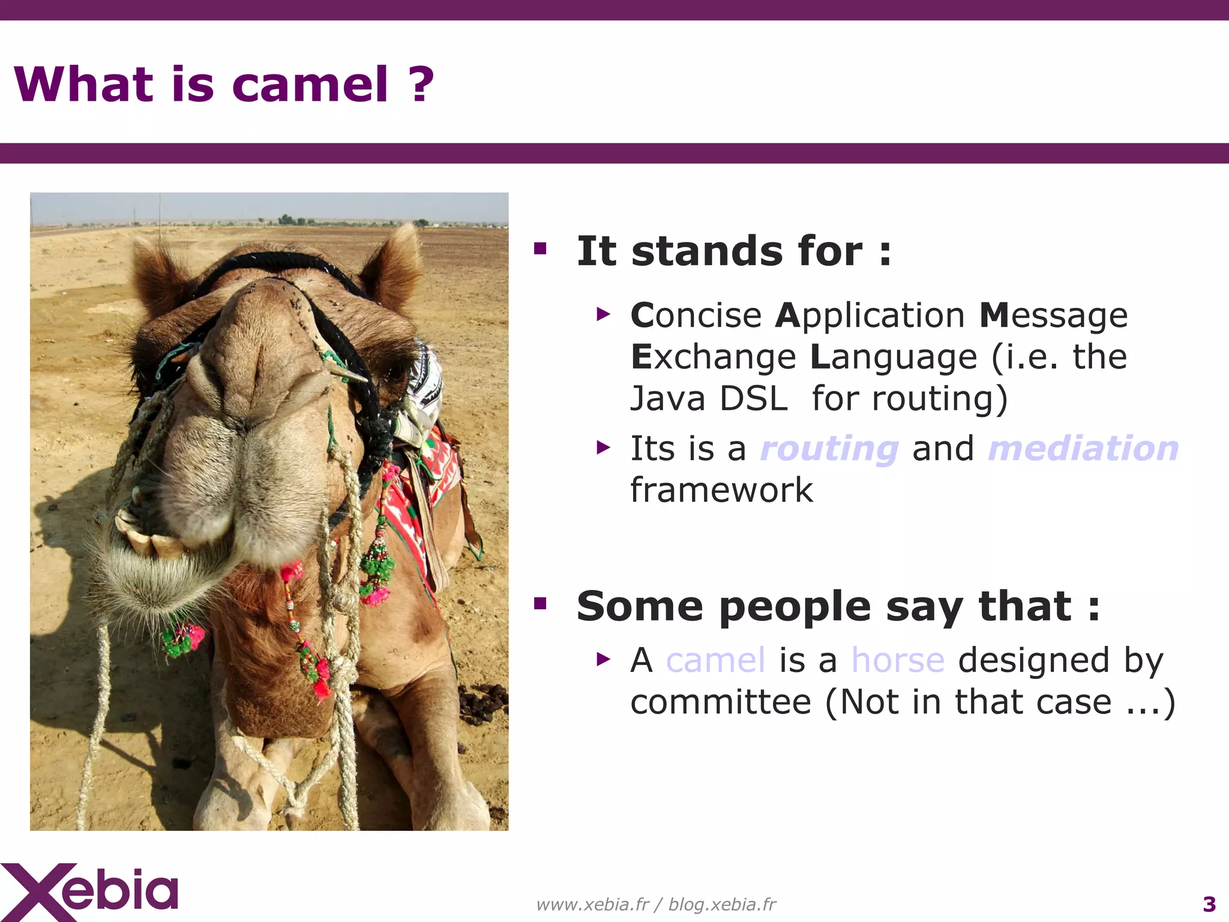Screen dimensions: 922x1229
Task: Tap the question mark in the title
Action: [421, 85]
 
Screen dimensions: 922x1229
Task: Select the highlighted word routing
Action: [829, 450]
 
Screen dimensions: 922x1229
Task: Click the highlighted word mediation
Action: [1083, 448]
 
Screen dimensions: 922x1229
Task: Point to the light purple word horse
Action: [898, 660]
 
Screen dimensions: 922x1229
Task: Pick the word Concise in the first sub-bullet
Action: [696, 316]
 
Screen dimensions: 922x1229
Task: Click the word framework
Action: [721, 490]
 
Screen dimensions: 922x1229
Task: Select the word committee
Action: [720, 702]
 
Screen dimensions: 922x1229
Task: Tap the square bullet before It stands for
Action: [540, 249]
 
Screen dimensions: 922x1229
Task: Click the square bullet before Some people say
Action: [540, 603]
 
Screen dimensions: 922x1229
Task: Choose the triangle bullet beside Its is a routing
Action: [603, 448]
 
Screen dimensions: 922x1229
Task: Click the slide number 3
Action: [1209, 904]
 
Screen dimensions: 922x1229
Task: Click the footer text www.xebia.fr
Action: [592, 904]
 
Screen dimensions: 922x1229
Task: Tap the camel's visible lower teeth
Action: [150, 540]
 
